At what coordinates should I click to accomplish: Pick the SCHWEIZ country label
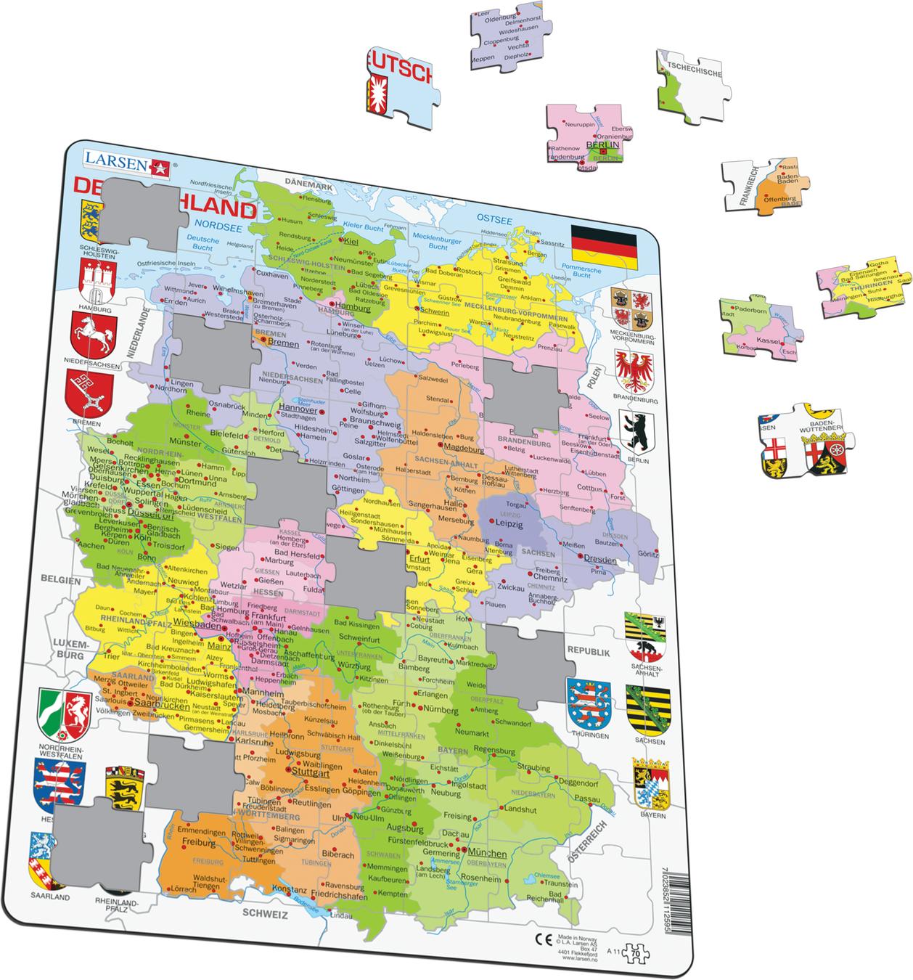pyautogui.click(x=266, y=914)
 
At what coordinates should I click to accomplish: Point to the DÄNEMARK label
pyautogui.click(x=308, y=187)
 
